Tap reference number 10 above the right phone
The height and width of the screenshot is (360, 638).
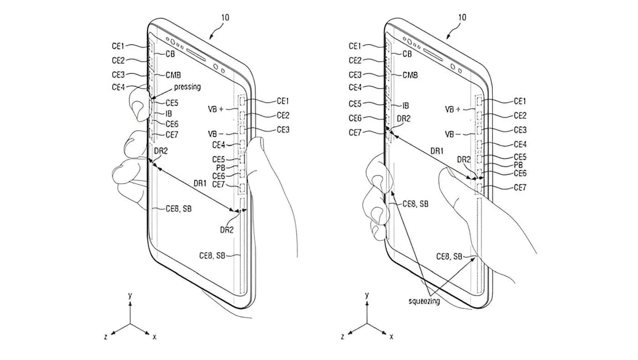coord(461,18)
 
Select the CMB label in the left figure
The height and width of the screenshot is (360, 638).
coord(173,75)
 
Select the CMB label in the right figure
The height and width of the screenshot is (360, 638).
coord(410,76)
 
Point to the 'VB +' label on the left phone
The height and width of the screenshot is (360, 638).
coord(217,108)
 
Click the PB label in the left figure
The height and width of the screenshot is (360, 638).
coord(221,168)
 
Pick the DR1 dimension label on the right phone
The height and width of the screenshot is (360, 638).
coord(437,152)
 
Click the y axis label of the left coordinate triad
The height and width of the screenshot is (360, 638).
coord(130,295)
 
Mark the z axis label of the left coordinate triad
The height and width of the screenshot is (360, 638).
coord(106,337)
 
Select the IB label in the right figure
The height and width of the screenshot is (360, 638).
coord(406,106)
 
